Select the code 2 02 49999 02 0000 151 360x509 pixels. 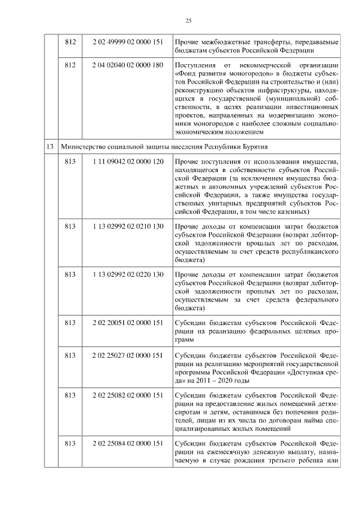click(128, 42)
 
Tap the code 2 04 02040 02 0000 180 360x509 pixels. click(128, 65)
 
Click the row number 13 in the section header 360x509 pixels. click(50, 146)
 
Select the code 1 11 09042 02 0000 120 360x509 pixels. click(128, 162)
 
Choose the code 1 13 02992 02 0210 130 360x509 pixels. click(128, 226)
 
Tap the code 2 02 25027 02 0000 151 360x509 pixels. click(128, 355)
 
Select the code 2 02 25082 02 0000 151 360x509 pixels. click(128, 396)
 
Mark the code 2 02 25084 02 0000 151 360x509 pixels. click(128, 444)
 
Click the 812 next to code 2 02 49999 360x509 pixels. click(70, 42)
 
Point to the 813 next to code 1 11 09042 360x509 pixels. click(70, 162)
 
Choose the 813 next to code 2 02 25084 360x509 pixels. click(70, 444)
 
